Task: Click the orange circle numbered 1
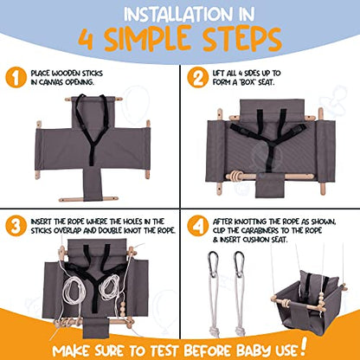[x=16, y=77]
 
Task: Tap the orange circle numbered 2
[x=198, y=77]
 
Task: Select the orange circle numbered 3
[x=16, y=226]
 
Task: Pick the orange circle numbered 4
[x=198, y=226]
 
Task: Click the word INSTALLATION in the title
[x=177, y=15]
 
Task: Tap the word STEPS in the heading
[x=241, y=39]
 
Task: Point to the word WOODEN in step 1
[x=66, y=74]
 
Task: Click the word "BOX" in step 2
[x=247, y=82]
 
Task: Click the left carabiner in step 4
[x=213, y=264]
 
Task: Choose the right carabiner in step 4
[x=239, y=264]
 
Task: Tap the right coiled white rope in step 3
[x=109, y=287]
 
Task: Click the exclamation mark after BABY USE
[x=303, y=346]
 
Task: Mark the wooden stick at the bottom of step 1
[x=88, y=199]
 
